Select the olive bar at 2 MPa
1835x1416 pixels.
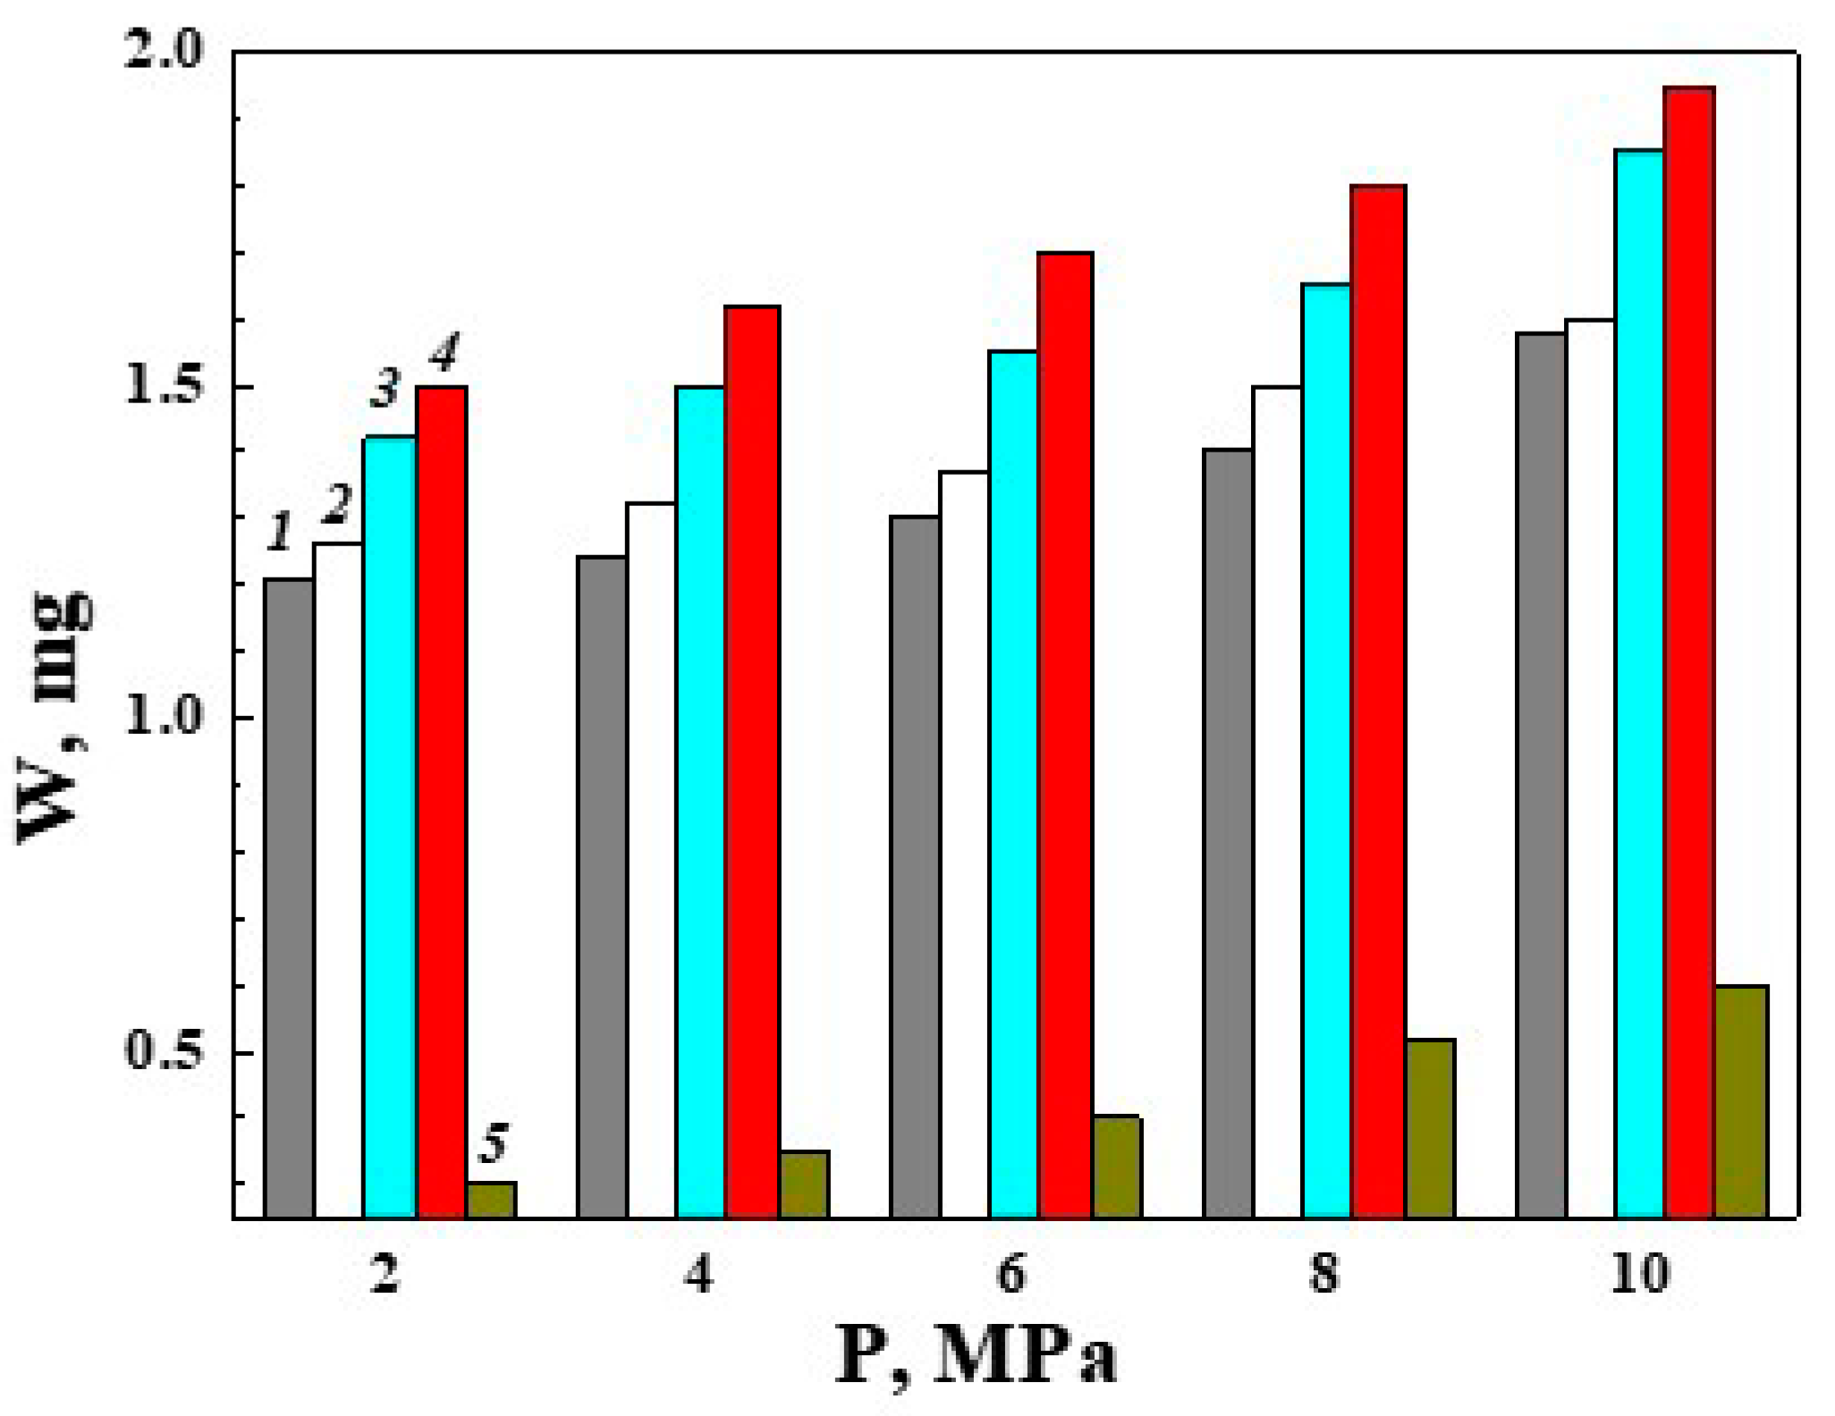coord(492,1200)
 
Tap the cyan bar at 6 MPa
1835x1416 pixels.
coord(1013,784)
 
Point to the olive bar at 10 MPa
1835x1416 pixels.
coord(1741,1101)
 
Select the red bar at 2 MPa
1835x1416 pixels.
coord(442,802)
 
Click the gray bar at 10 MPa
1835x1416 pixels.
coord(1541,775)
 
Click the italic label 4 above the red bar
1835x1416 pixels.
coord(444,351)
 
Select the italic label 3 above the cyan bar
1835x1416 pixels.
coord(385,389)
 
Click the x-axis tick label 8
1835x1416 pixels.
coord(1324,1273)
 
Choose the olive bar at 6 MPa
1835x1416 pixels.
coord(1118,1167)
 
